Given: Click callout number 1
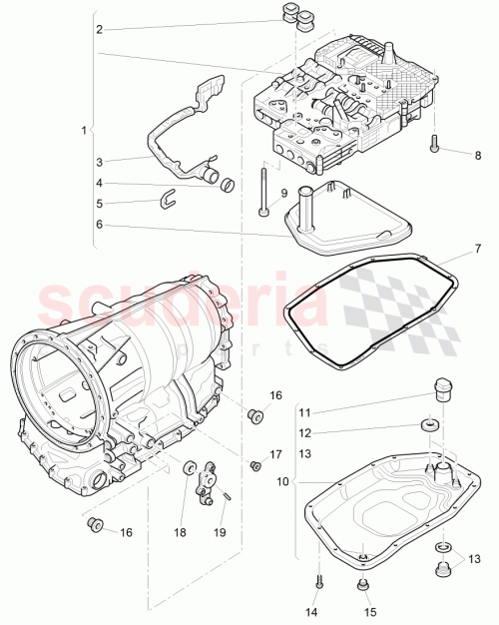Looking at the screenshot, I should pyautogui.click(x=85, y=130).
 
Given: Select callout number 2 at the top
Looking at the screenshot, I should pyautogui.click(x=99, y=30).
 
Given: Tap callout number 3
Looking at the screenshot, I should pyautogui.click(x=99, y=162).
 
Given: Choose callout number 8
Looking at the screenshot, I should pyautogui.click(x=477, y=156).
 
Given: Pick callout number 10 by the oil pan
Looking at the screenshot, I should pyautogui.click(x=282, y=481).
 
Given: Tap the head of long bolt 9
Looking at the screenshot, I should pyautogui.click(x=261, y=212).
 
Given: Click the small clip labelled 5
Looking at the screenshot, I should pyautogui.click(x=169, y=195).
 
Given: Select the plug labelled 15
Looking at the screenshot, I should pyautogui.click(x=362, y=585).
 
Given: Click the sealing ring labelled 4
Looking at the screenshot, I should pyautogui.click(x=228, y=184).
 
